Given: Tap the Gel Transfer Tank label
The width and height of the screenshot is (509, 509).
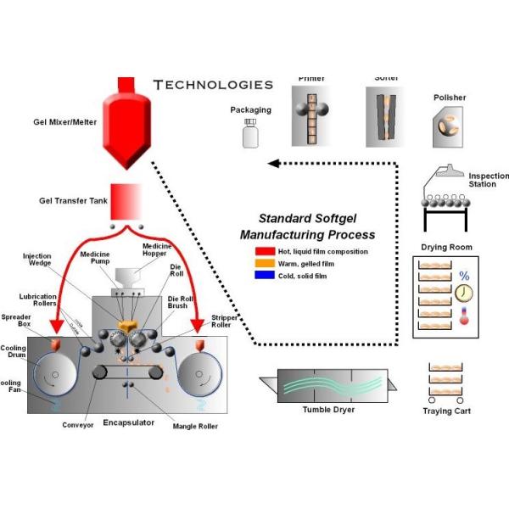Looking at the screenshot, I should pyautogui.click(x=69, y=201).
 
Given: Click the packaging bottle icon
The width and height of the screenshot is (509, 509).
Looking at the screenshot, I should pyautogui.click(x=250, y=133).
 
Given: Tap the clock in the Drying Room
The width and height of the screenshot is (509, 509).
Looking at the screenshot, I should pyautogui.click(x=464, y=294).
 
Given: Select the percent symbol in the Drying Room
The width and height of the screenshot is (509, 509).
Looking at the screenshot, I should pyautogui.click(x=464, y=276).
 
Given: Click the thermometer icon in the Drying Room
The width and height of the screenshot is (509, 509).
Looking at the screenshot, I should pyautogui.click(x=464, y=316).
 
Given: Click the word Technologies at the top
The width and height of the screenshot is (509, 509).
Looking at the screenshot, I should pyautogui.click(x=213, y=85).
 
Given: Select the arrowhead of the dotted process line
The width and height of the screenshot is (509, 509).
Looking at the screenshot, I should pyautogui.click(x=271, y=163).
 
